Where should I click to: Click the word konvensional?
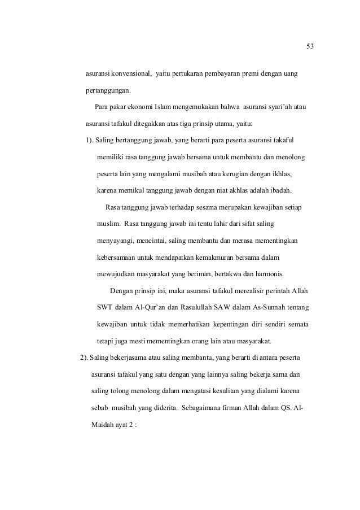pos(130,74)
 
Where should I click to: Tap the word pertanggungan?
pos(107,90)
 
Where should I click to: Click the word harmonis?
pos(269,274)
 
